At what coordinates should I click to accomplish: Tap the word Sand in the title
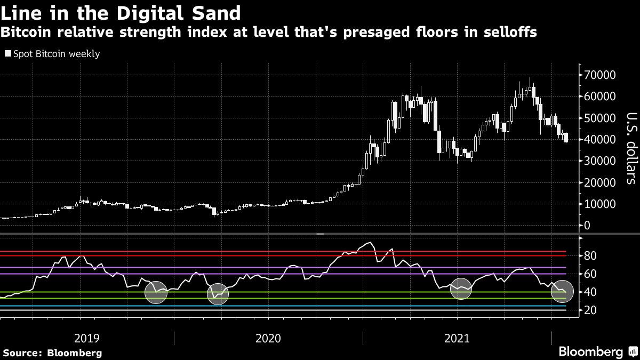213,12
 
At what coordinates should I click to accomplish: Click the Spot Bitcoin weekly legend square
8,54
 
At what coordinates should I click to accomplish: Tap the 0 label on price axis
587,226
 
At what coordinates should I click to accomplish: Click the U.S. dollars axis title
630,148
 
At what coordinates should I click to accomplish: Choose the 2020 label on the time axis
268,338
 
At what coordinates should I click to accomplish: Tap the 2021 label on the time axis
457,338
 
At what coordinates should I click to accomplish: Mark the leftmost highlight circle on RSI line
156,292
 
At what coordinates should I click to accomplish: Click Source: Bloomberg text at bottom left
52,353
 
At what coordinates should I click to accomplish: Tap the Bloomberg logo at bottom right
590,352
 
